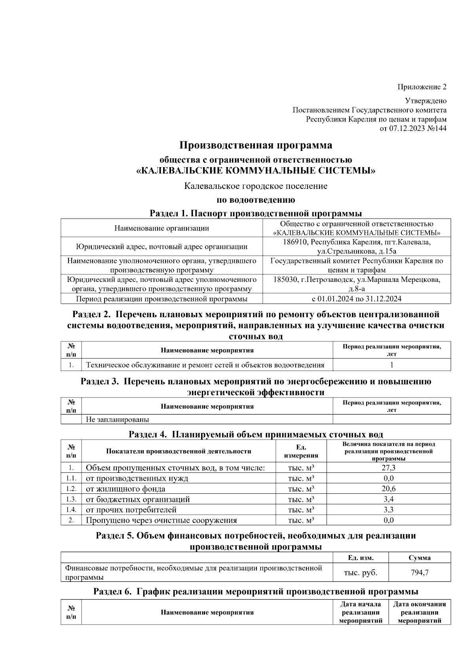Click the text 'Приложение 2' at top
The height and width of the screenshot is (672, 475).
point(422,87)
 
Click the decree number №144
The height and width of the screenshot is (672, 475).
point(437,128)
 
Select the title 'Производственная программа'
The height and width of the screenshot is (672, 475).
point(256,145)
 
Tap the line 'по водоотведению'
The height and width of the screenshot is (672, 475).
point(256,200)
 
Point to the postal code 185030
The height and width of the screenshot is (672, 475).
point(285,280)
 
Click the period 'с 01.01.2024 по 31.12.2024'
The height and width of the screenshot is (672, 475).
point(356,299)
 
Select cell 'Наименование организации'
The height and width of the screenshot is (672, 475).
point(161,228)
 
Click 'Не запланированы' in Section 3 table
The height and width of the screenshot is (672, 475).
point(118,419)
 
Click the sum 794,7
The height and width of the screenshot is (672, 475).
point(420,572)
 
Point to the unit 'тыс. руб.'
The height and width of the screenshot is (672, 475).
point(361,572)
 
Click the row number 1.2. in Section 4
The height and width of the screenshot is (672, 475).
point(71,489)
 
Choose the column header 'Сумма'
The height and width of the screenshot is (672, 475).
point(420,558)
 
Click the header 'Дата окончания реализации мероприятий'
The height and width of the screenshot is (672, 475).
point(420,612)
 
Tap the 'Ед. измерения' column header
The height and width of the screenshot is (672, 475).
point(301,451)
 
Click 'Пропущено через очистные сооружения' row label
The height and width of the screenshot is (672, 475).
point(161,520)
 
